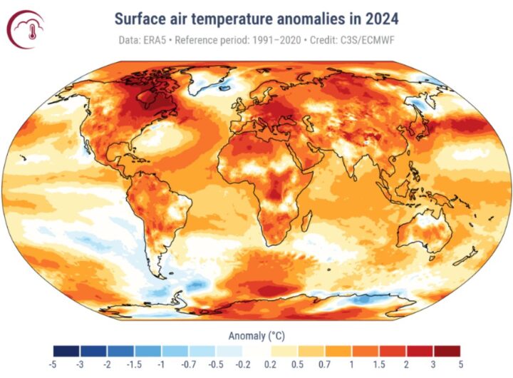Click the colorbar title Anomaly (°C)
tap(256, 335)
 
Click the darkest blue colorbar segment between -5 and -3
tap(66, 351)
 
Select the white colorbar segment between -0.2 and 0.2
tap(256, 351)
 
